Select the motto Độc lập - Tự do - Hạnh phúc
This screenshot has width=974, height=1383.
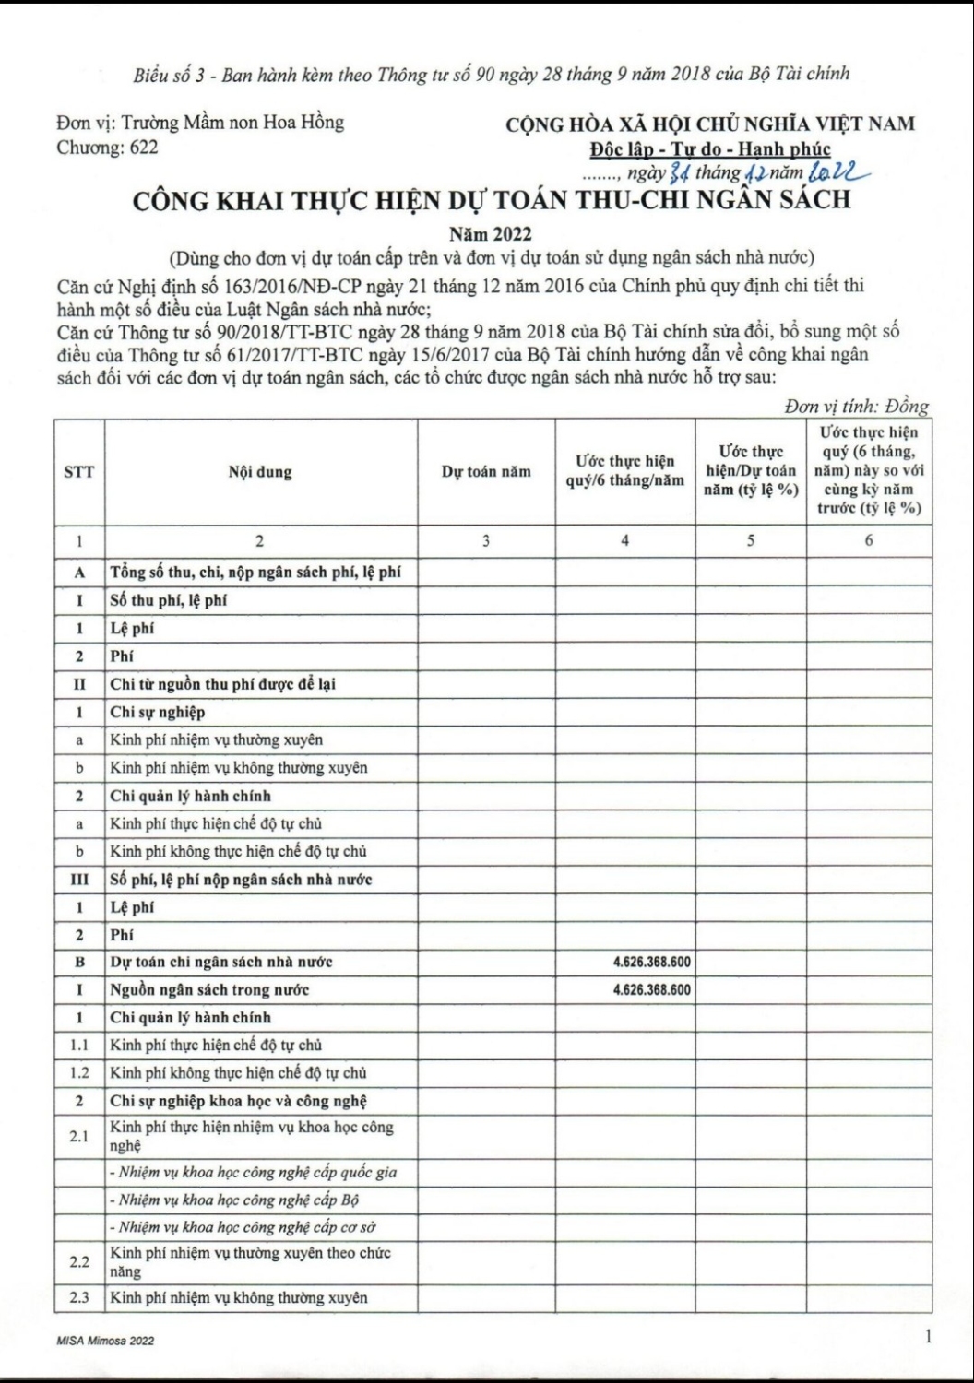click(710, 149)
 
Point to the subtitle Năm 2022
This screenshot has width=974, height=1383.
click(490, 234)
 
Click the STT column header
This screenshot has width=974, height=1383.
click(79, 472)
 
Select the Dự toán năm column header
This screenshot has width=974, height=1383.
click(486, 472)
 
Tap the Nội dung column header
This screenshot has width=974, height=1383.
click(260, 472)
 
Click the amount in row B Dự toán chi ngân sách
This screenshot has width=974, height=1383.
click(651, 963)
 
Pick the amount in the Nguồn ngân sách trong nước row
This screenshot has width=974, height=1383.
click(651, 990)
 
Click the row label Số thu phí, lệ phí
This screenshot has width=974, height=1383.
click(169, 600)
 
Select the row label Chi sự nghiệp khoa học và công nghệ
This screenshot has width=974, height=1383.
click(239, 1101)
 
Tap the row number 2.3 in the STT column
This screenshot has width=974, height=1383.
click(79, 1298)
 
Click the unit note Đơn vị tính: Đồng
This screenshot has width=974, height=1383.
click(857, 407)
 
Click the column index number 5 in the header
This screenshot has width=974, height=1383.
click(751, 541)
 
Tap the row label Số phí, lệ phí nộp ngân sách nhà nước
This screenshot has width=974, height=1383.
click(241, 880)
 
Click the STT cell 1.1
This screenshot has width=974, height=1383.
click(79, 1046)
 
